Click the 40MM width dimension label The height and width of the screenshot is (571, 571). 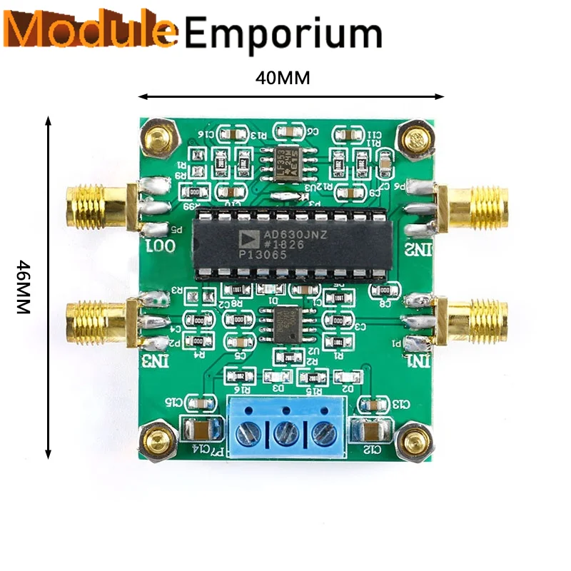coord(283,78)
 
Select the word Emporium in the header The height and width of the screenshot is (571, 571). coord(283,34)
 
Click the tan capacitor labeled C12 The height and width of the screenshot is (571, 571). coord(373,432)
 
